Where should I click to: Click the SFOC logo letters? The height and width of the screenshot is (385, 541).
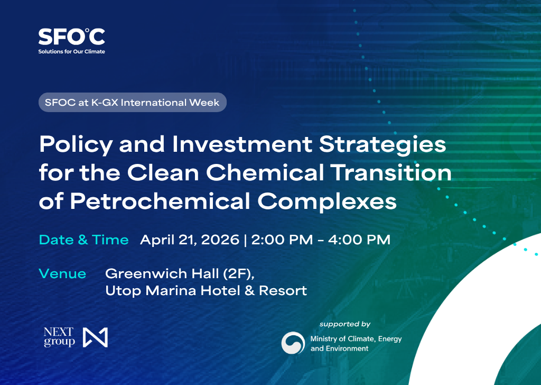(71, 36)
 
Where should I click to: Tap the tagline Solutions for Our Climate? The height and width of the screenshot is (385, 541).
(71, 52)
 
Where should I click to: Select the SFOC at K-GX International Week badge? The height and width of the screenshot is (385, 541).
(132, 102)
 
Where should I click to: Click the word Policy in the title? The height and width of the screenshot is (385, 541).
(74, 144)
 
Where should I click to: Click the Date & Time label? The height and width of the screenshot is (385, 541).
(84, 240)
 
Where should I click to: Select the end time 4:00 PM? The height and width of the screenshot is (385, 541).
(360, 240)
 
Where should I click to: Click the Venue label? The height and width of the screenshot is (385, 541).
(62, 273)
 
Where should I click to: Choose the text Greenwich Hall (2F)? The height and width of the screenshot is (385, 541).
(180, 274)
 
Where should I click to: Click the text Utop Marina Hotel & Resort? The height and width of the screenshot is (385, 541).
(206, 290)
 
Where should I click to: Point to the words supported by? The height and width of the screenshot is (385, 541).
(345, 324)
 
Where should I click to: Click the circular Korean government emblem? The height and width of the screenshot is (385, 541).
(293, 343)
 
